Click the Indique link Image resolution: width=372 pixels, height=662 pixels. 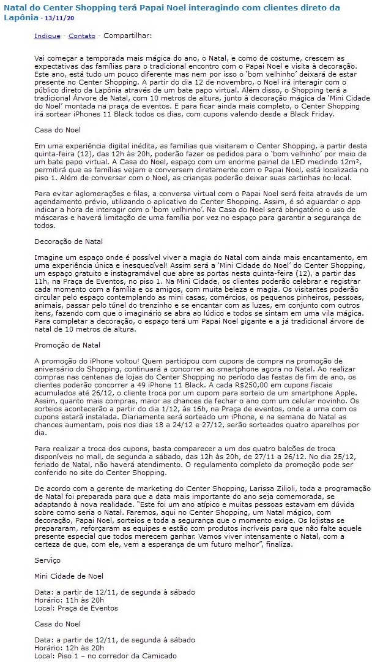coord(47,36)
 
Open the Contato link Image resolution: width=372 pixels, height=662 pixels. coord(81,36)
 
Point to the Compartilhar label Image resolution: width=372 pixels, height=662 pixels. coord(128,36)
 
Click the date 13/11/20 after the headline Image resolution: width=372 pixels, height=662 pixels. coord(62,19)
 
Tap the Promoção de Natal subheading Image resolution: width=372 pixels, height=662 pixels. coord(67,346)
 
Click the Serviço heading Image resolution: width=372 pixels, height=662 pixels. coord(47,561)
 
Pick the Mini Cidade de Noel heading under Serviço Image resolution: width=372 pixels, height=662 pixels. coord(69,576)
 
